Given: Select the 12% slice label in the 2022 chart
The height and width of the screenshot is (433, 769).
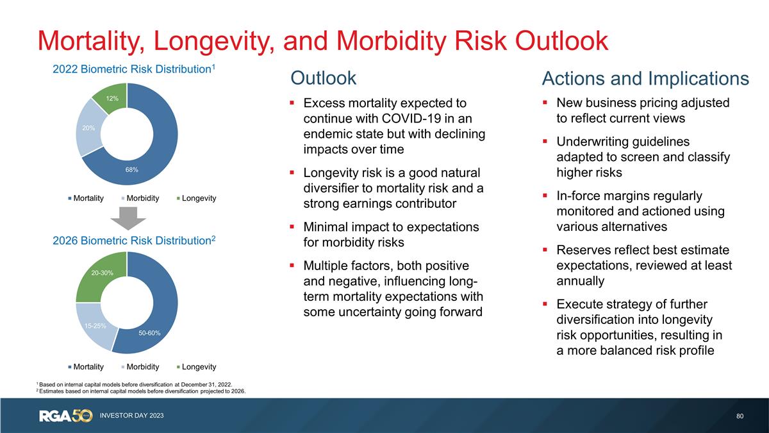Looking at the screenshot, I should [x=113, y=98].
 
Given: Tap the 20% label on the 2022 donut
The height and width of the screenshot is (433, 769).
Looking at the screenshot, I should [x=88, y=128].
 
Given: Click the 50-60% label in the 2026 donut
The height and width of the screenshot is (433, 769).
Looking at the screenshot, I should [x=149, y=333].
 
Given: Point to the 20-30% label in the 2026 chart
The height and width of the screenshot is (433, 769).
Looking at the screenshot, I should [x=102, y=273].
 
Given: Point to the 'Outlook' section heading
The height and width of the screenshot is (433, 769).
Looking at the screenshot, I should [x=323, y=78].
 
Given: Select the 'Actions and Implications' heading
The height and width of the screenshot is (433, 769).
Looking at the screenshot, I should [x=645, y=78].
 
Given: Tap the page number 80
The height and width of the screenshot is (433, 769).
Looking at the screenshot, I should [x=740, y=416].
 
